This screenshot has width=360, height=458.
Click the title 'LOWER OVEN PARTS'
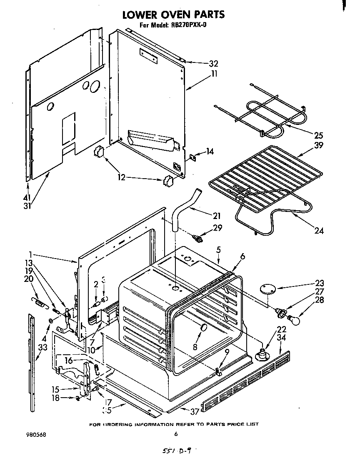(x=173, y=15)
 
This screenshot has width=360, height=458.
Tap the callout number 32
(x=213, y=64)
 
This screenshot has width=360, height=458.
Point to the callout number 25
(x=318, y=135)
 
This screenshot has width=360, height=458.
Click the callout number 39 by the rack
(x=318, y=145)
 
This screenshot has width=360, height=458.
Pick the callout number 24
(x=319, y=230)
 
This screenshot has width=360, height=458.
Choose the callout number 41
(x=27, y=197)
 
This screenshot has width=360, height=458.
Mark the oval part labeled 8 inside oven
(x=203, y=328)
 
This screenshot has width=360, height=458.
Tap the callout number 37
(x=194, y=412)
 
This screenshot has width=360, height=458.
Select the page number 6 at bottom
(x=176, y=434)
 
